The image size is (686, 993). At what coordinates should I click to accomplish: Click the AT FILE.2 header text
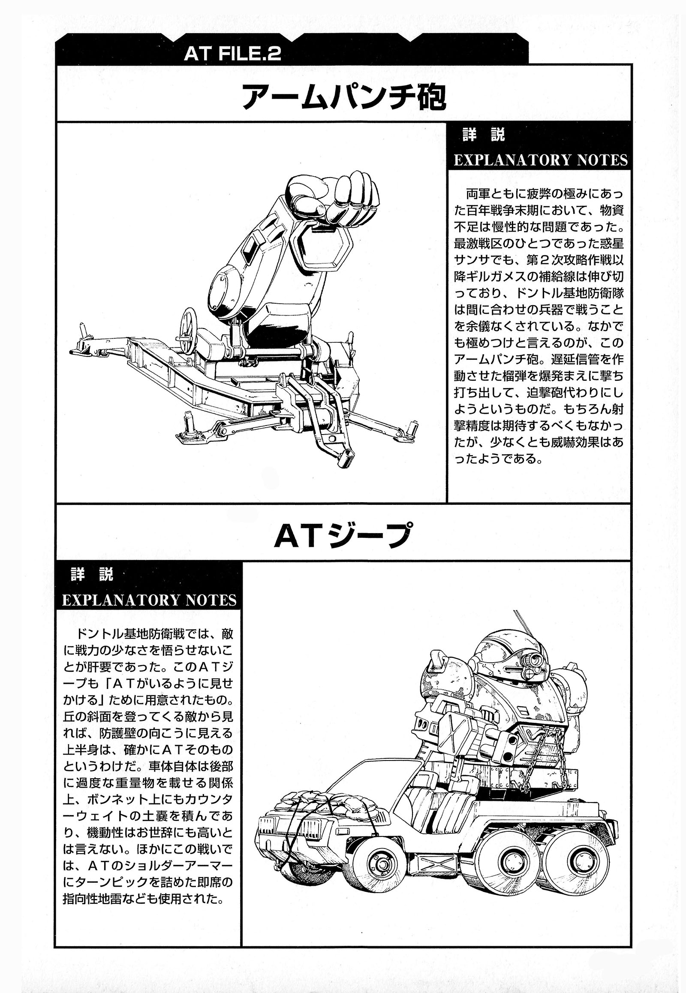232,54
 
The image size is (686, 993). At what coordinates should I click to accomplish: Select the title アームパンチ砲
344,99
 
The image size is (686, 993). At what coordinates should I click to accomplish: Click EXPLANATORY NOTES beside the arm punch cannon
541,160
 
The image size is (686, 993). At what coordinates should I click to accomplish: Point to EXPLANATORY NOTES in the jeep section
149,600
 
